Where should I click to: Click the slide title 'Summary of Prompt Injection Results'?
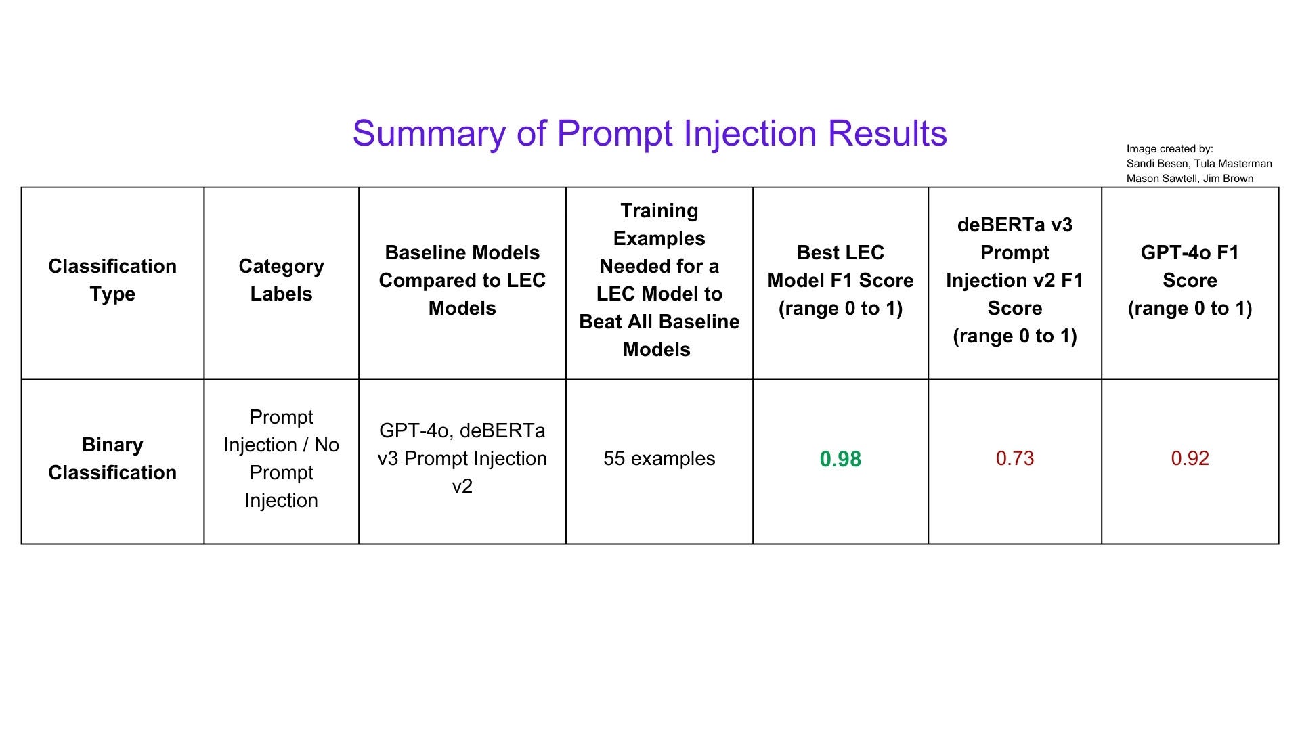coord(649,133)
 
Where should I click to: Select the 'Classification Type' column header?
coord(112,280)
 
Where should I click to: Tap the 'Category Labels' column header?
coord(281,280)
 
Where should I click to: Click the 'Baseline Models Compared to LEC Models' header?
coord(462,280)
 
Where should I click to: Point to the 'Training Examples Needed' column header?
coord(659,280)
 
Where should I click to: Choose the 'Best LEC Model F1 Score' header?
coord(840,280)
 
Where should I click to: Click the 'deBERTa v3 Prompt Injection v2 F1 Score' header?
coord(1015,280)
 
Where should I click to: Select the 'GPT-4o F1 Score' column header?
coord(1190,280)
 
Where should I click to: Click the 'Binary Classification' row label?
coord(112,458)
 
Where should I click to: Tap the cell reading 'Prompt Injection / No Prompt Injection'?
coord(281,458)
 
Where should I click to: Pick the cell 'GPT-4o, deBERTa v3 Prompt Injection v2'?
coord(462,458)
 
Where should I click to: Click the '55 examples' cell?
coord(659,458)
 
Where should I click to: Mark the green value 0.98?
coord(840,459)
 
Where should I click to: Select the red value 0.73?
coord(1015,458)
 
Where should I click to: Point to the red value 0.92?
coord(1190,458)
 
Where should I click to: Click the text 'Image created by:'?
coord(1170,149)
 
